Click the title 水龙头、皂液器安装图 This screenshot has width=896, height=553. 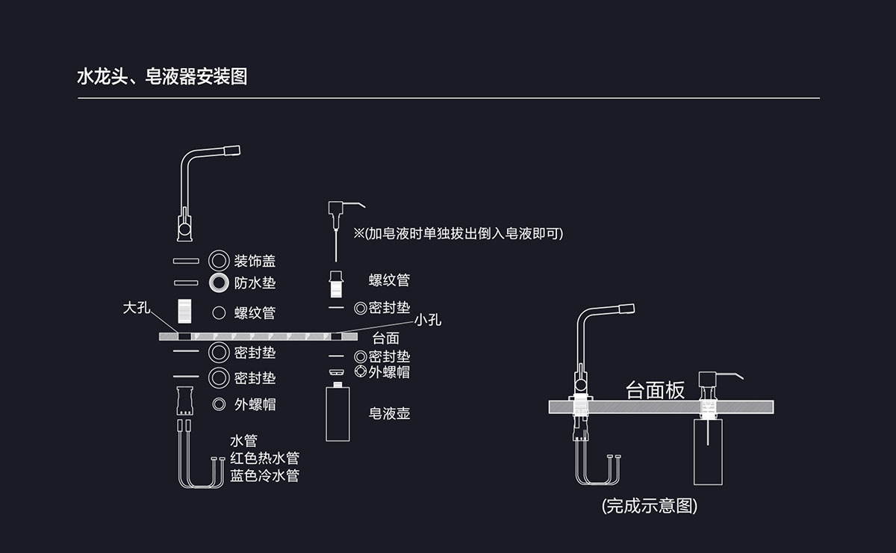(x=162, y=76)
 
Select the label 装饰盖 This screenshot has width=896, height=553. (x=255, y=261)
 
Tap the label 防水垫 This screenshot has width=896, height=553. (x=255, y=283)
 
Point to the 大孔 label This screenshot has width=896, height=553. (x=137, y=308)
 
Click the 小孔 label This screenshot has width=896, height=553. (x=428, y=320)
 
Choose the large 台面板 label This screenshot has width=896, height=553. (x=655, y=390)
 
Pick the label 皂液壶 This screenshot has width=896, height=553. (x=389, y=413)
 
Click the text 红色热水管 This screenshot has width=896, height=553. (x=264, y=457)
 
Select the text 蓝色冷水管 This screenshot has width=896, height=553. (x=264, y=475)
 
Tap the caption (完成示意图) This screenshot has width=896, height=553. (x=649, y=506)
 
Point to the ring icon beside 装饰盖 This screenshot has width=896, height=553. (x=219, y=261)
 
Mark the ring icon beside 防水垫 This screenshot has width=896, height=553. (x=219, y=283)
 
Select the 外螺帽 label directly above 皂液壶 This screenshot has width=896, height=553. (x=388, y=372)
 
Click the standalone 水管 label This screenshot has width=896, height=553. (x=243, y=441)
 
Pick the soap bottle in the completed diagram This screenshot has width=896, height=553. (x=708, y=451)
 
